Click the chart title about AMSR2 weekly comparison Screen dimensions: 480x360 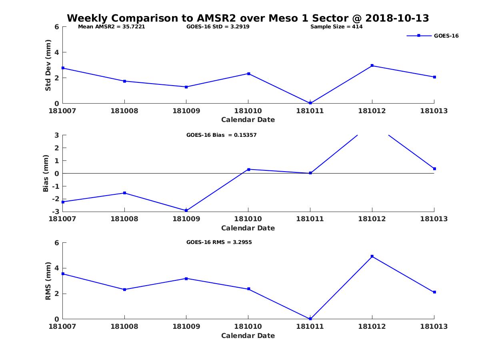[x=248, y=18]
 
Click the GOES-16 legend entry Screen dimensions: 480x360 [x=432, y=36]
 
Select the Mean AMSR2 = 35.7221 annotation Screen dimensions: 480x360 [x=111, y=27]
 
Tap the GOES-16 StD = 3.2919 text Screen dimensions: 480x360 [x=218, y=27]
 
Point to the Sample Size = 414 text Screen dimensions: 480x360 [x=336, y=27]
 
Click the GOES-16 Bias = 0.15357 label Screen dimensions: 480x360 [x=221, y=135]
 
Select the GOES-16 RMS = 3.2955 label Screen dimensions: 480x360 [x=219, y=242]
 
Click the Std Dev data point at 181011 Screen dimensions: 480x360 [x=310, y=103]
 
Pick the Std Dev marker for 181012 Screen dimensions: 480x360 [x=372, y=66]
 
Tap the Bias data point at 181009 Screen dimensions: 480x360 [x=186, y=210]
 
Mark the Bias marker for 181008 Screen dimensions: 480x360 [x=124, y=193]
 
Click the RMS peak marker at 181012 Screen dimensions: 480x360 [x=372, y=256]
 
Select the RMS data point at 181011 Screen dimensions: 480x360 [x=310, y=319]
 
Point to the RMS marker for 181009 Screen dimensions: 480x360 [x=186, y=279]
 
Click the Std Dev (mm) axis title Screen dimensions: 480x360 [x=48, y=65]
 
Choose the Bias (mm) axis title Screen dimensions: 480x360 [x=46, y=173]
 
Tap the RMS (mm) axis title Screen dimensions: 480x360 [x=48, y=281]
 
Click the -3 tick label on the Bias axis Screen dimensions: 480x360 [x=56, y=211]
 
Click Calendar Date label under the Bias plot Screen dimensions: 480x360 [x=248, y=228]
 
